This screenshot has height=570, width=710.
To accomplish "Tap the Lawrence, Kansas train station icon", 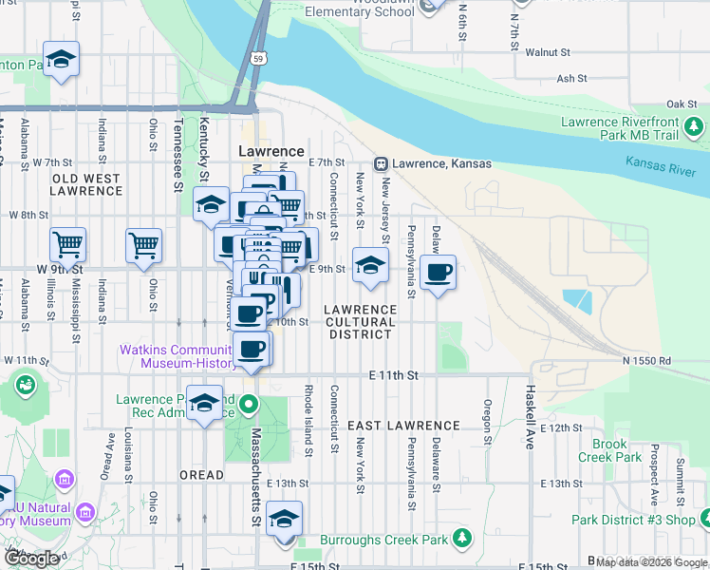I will click(382, 163).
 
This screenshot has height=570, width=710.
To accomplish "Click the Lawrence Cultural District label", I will click(360, 322).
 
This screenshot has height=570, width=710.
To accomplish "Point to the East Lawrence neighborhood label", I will click(403, 426).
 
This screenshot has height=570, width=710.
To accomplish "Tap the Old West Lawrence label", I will click(86, 184).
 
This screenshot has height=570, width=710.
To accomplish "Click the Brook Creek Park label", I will click(609, 450).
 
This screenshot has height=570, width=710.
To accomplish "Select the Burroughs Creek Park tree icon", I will click(461, 540).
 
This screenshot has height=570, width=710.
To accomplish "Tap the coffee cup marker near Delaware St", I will click(438, 273).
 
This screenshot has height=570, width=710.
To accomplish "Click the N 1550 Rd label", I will click(646, 361).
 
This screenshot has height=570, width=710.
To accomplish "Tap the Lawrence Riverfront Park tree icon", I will click(695, 126).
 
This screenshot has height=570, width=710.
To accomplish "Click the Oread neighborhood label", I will click(202, 474).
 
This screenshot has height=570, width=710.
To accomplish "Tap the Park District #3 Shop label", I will click(634, 520).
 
